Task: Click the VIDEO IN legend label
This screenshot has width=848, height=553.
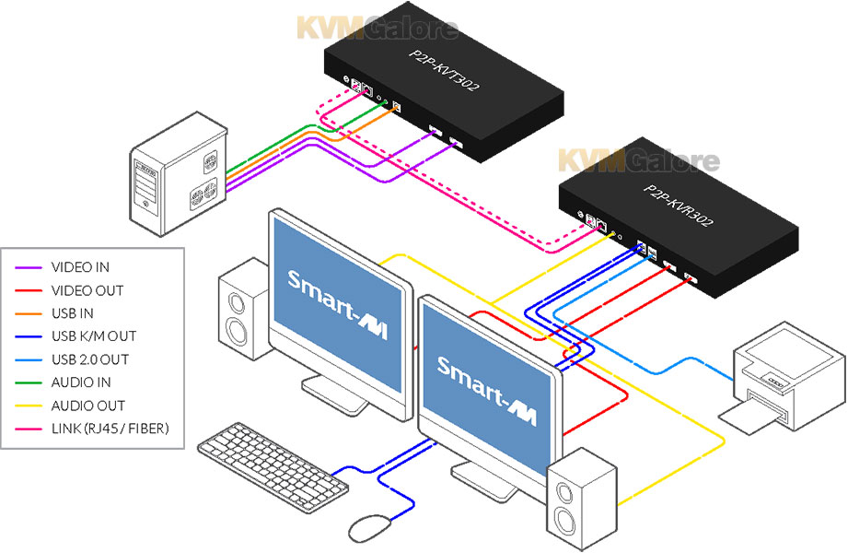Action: coord(81,267)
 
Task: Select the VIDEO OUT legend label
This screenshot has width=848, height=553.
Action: coord(87,290)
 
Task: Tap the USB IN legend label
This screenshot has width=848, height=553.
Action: coord(73,313)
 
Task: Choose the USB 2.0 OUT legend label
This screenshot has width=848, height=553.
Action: coord(90,359)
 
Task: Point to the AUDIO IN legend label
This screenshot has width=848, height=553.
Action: coord(81,382)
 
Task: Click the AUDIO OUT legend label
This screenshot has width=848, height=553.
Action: coord(87,406)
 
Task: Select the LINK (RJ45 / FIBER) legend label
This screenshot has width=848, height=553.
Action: coord(110,429)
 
